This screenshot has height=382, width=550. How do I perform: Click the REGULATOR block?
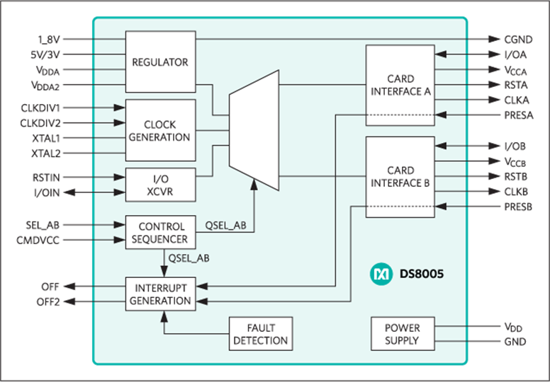(x=160, y=62)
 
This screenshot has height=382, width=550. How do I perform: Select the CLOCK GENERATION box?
(x=160, y=130)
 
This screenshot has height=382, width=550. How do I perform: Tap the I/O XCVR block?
(x=160, y=185)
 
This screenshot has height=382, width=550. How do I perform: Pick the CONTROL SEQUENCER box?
(x=160, y=233)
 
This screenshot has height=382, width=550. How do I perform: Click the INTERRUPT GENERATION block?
(x=160, y=294)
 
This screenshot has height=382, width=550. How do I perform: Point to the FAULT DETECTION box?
(x=261, y=334)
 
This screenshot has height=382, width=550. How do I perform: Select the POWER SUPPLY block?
(x=403, y=334)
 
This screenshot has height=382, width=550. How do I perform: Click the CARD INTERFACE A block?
(x=400, y=85)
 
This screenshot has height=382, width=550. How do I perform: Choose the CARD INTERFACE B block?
(x=400, y=177)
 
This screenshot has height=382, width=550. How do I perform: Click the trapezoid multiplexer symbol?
(x=254, y=130)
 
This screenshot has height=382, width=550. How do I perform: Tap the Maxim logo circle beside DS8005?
(x=381, y=274)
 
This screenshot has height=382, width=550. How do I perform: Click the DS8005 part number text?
(x=422, y=274)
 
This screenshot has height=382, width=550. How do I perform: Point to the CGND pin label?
(x=518, y=40)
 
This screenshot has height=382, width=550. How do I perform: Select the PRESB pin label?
(x=518, y=207)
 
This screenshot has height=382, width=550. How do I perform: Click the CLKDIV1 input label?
(x=40, y=108)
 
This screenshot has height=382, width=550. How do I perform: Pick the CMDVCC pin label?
(x=38, y=241)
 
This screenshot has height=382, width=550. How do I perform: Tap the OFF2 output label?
(x=48, y=302)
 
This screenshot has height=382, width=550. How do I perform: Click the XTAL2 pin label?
(x=46, y=154)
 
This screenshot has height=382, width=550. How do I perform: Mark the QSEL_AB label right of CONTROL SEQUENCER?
(x=225, y=226)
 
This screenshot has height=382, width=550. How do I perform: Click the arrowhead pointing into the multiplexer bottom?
(x=254, y=185)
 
